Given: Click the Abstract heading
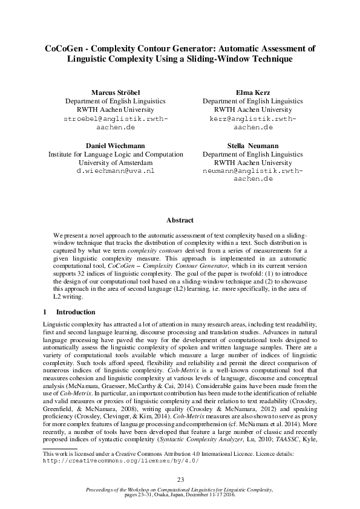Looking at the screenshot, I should point(180,221).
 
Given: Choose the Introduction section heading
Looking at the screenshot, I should point(75,313).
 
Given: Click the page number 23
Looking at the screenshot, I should point(180,479).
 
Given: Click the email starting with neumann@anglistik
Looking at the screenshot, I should point(253,172).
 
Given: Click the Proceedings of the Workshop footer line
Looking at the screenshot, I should point(180,488).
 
